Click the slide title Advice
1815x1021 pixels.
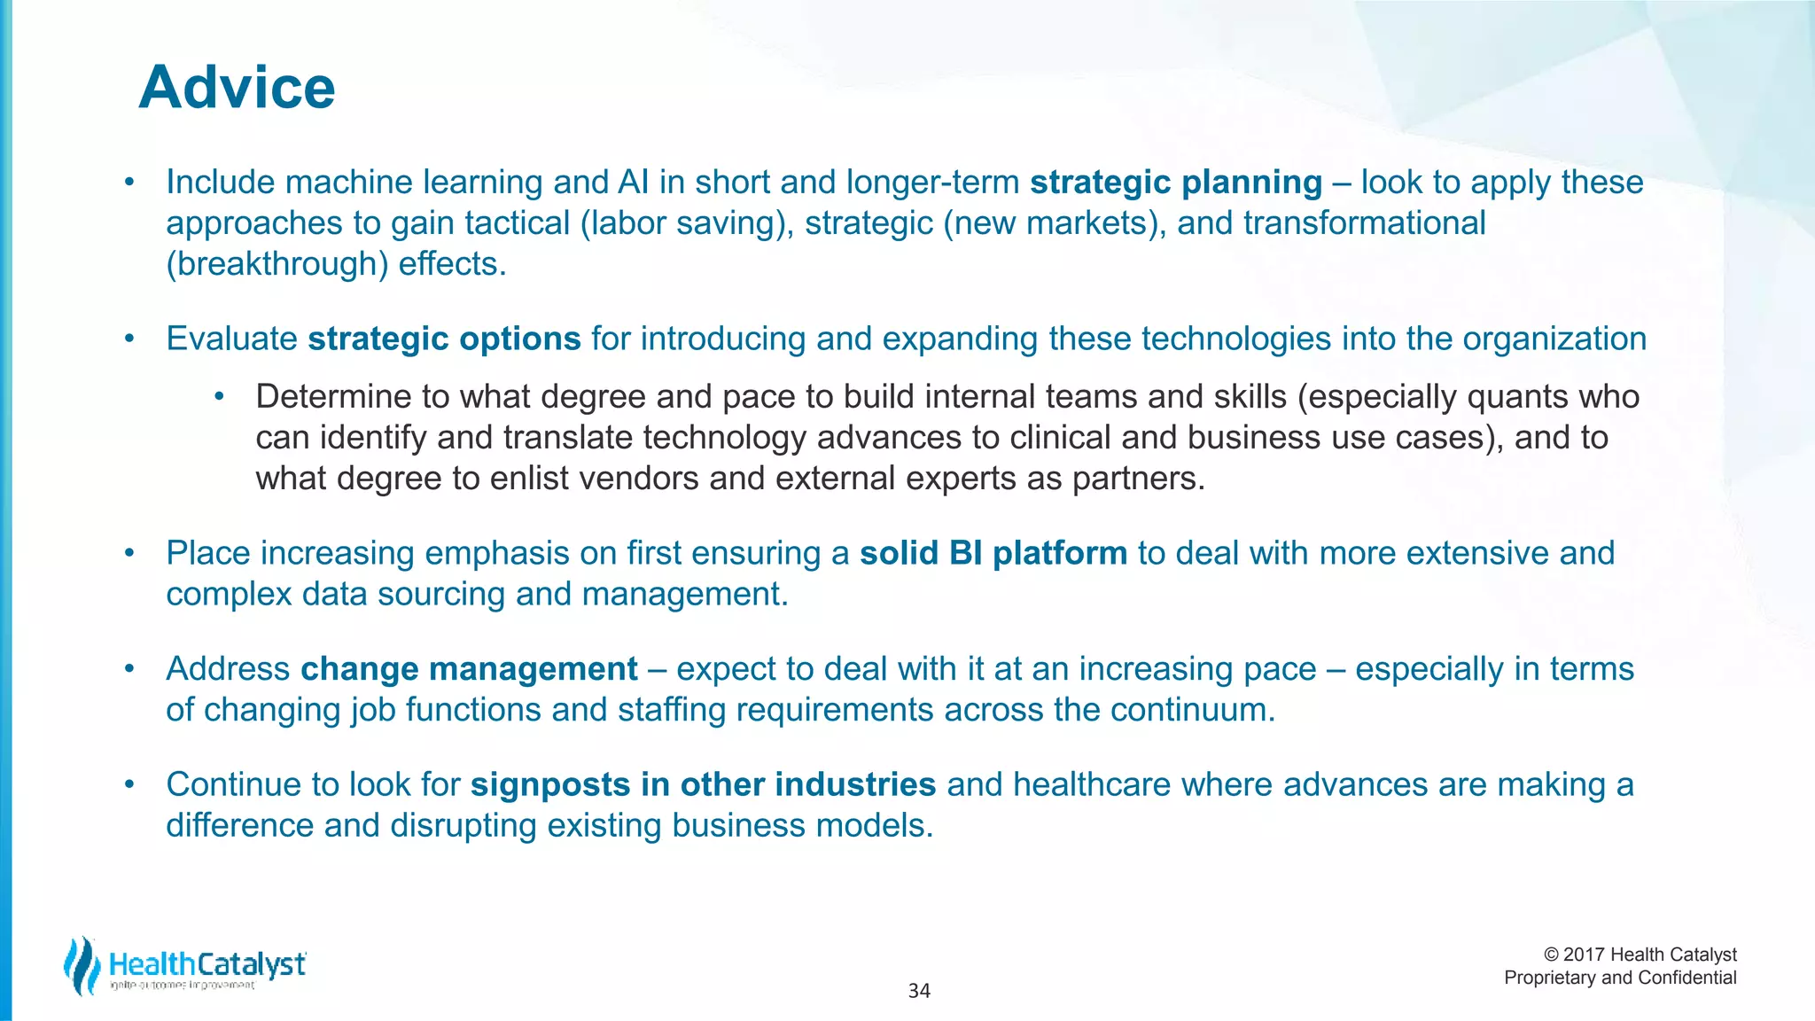click(x=237, y=88)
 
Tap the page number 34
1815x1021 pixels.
click(x=919, y=991)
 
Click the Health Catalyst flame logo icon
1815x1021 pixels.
click(x=82, y=965)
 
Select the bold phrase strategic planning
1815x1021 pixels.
click(x=1175, y=183)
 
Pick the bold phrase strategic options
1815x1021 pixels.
click(x=444, y=339)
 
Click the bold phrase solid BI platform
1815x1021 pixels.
click(x=993, y=554)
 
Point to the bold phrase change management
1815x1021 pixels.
click(x=469, y=669)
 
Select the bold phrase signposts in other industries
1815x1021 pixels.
click(x=703, y=785)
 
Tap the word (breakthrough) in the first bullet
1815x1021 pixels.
click(x=277, y=264)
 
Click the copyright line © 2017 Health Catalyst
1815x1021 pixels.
click(x=1640, y=955)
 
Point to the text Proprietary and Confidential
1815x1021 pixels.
click(x=1620, y=978)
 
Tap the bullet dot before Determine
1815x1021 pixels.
click(x=219, y=396)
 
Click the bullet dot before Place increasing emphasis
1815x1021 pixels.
click(x=129, y=553)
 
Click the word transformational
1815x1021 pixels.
click(x=1364, y=223)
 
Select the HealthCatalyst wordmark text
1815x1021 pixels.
click(x=207, y=964)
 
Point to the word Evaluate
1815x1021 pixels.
click(x=231, y=339)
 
